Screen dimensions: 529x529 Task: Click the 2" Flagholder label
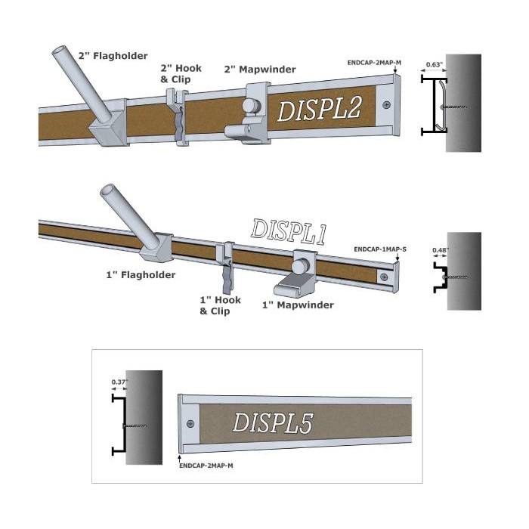(113, 56)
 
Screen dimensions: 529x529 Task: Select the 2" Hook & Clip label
(181, 74)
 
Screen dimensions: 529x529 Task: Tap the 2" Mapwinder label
(260, 70)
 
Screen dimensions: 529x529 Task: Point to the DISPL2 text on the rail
(319, 108)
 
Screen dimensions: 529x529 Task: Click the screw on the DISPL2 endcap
(387, 105)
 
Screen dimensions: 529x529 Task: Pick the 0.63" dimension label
(435, 64)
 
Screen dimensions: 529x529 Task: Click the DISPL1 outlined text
(289, 232)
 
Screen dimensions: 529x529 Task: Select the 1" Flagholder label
(141, 275)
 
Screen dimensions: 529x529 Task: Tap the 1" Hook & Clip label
(221, 305)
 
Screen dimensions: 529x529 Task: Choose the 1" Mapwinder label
(298, 305)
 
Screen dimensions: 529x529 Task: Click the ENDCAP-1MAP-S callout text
(380, 249)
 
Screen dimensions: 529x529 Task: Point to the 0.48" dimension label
(441, 250)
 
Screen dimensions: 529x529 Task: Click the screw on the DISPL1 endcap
(384, 277)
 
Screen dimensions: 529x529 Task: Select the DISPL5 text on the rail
(273, 422)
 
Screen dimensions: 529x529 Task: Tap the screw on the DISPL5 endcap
(190, 423)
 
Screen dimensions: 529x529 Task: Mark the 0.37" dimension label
(119, 382)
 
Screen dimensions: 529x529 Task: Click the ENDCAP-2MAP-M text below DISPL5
(206, 466)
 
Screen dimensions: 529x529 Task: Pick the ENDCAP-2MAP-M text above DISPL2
(374, 63)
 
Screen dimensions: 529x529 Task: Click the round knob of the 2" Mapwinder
(250, 105)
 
